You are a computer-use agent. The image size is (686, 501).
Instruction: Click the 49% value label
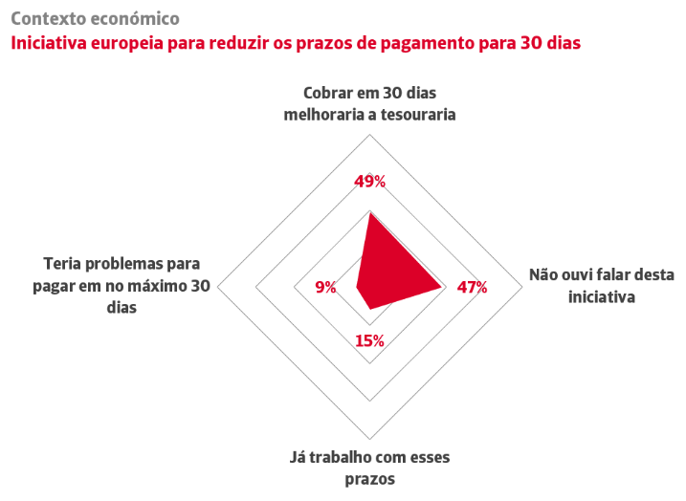click(x=369, y=182)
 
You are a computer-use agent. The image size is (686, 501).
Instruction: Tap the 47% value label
click(x=472, y=287)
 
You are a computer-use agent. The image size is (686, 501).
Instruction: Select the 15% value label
click(x=369, y=340)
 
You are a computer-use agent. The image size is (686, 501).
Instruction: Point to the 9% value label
click(x=325, y=287)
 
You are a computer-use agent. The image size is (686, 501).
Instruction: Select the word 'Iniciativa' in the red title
click(x=49, y=42)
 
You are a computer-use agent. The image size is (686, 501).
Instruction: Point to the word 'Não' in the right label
click(x=545, y=275)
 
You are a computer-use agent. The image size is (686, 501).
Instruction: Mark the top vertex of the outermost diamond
click(x=369, y=133)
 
